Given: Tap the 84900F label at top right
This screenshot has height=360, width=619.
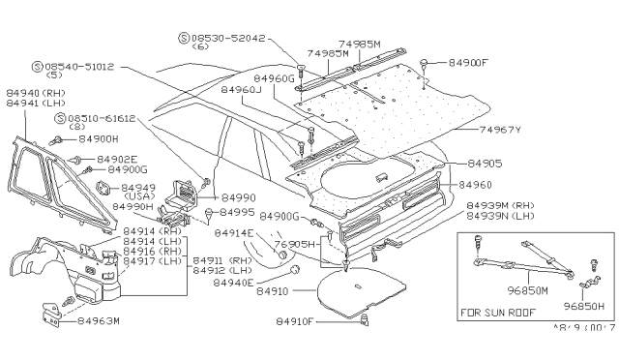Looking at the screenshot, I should tap(472, 63).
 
